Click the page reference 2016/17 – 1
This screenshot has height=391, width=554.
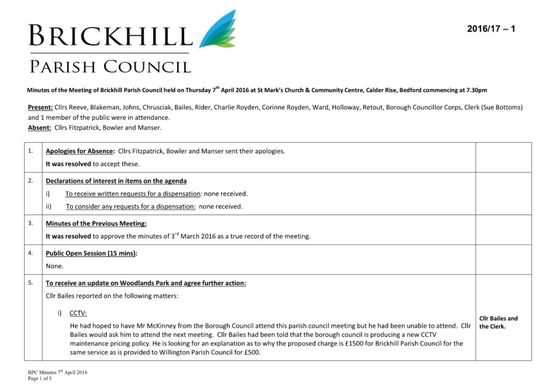click(x=491, y=29)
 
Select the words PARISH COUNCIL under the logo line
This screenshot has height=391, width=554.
click(x=111, y=66)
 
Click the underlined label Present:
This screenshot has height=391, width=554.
click(x=40, y=108)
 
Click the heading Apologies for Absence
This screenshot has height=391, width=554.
click(x=80, y=151)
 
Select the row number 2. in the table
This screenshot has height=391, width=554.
click(x=30, y=181)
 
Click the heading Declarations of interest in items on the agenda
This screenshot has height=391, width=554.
click(x=116, y=181)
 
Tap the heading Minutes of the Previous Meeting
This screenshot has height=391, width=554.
click(x=96, y=224)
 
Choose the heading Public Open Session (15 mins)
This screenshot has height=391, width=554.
click(x=92, y=253)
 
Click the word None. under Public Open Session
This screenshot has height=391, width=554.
click(x=55, y=266)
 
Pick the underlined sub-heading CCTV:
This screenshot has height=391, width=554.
click(x=78, y=313)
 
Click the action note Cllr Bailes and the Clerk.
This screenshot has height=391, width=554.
click(x=499, y=322)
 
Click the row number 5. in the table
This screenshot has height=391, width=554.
click(x=30, y=283)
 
